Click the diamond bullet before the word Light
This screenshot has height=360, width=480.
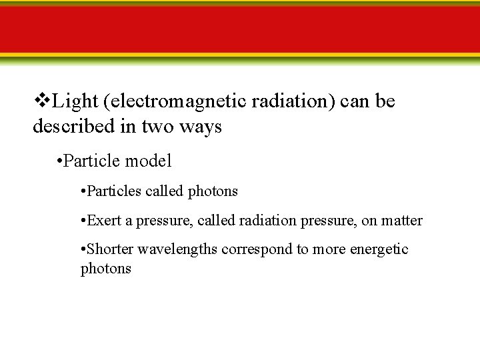click(41, 101)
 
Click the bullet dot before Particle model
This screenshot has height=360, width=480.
click(60, 161)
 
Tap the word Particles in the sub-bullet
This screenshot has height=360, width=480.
click(114, 191)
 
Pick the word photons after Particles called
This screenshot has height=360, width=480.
click(212, 191)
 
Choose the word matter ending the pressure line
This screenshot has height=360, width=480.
click(401, 220)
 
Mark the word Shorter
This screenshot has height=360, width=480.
click(110, 249)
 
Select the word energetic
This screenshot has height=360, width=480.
click(379, 249)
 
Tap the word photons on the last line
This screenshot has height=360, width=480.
click(105, 269)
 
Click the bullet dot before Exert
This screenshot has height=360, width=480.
click(81, 220)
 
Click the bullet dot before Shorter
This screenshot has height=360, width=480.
click(81, 249)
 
